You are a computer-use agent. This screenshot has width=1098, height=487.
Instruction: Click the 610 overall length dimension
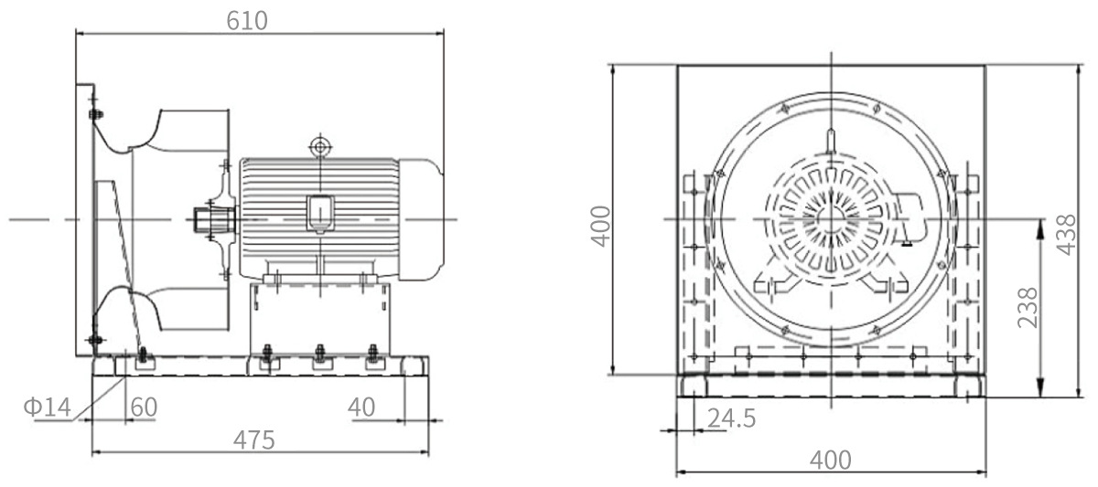click(246, 20)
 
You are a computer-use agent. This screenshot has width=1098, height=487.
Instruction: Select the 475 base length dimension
click(253, 440)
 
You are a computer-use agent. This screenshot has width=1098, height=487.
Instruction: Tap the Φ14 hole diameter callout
click(47, 407)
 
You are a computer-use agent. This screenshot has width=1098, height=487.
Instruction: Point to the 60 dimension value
click(144, 407)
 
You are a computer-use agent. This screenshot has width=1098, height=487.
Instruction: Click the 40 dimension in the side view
click(361, 407)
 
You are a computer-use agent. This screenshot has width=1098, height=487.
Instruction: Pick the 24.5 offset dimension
click(731, 418)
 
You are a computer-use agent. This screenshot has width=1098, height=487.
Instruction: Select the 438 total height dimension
click(1066, 235)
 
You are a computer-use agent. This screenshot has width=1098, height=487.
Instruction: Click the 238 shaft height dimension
click(1028, 307)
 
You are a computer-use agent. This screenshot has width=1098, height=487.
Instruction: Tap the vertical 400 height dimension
click(601, 226)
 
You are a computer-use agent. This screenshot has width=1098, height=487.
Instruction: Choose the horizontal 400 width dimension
click(831, 461)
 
